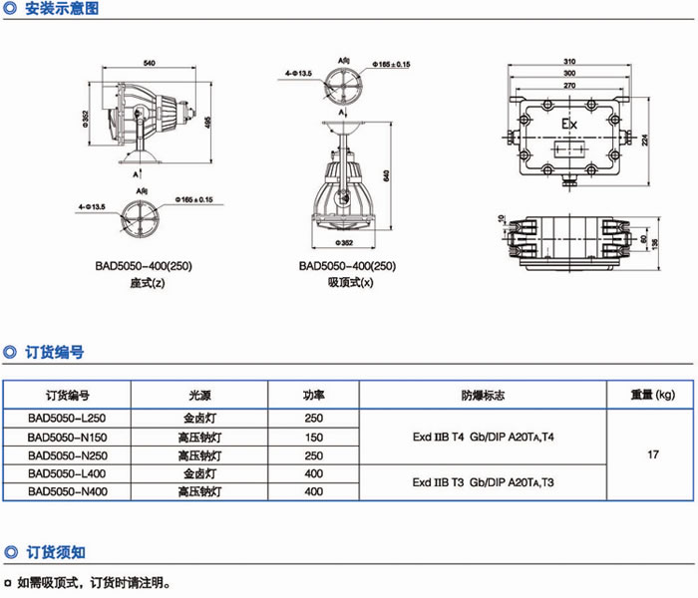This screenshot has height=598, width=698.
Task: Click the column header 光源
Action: [x=200, y=395]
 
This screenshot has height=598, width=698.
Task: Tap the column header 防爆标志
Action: [x=483, y=395]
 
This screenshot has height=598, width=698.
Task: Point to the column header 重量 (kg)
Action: [x=653, y=395]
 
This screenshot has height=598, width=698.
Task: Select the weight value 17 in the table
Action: [x=653, y=454]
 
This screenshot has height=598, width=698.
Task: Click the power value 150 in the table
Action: [x=313, y=437]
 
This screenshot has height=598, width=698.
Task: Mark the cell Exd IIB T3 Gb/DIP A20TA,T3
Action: [x=483, y=482]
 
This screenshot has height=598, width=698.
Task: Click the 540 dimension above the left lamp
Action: [x=150, y=64]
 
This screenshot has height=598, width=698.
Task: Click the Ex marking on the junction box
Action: [x=569, y=124]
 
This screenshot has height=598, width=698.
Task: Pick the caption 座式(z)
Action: [x=147, y=283]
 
